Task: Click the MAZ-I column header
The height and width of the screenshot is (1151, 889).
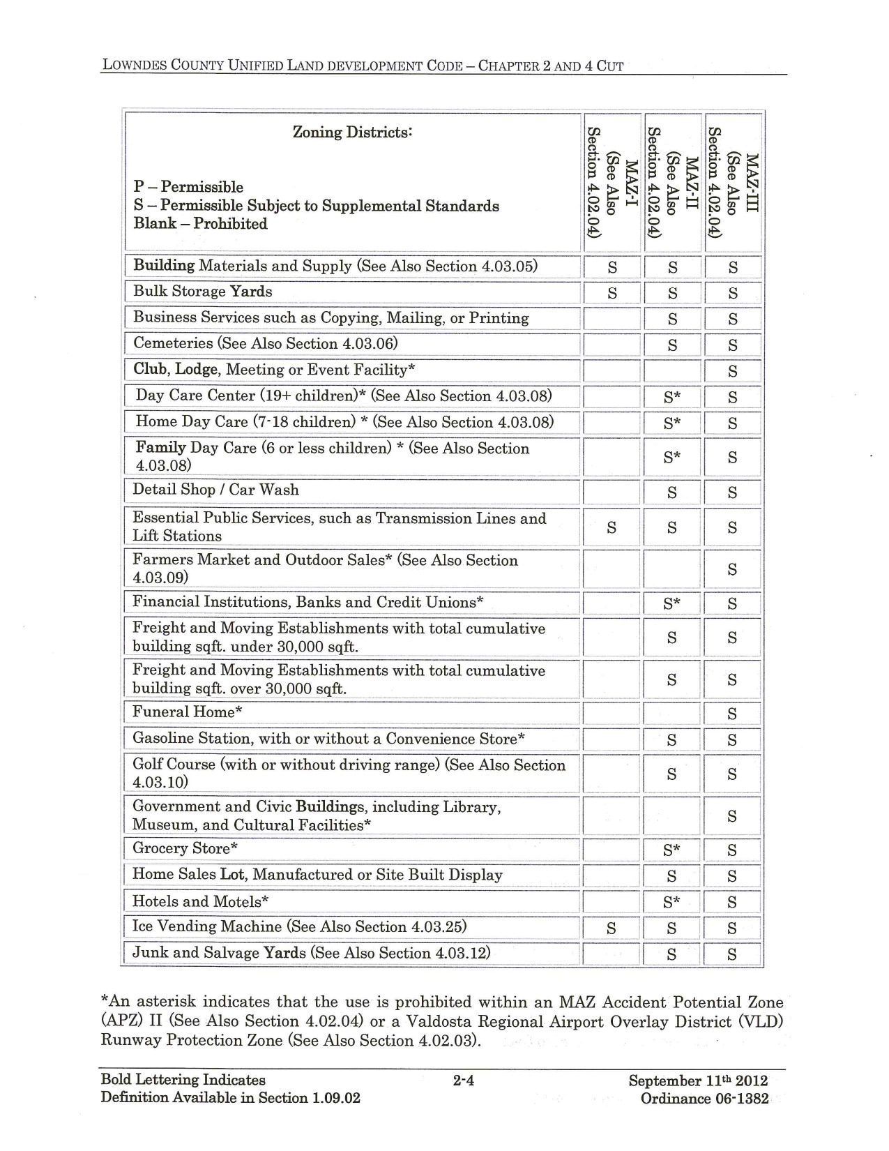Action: pos(611,183)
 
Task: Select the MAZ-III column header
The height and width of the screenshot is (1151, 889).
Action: pos(733,183)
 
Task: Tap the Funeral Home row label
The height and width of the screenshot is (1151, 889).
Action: pos(188,712)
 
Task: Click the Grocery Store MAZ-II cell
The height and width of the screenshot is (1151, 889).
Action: pos(671,850)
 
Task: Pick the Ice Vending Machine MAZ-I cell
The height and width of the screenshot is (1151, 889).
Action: pos(611,928)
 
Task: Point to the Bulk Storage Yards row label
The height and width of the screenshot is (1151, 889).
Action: pos(202,292)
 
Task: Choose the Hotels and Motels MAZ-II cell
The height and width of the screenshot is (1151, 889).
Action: pos(671,902)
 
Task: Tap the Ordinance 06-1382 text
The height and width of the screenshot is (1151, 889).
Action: pos(704,1099)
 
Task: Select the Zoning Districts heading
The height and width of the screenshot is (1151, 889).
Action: pos(352,132)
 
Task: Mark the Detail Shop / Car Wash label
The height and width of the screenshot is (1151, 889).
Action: pos(215,490)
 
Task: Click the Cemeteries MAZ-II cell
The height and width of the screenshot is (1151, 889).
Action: pos(672,345)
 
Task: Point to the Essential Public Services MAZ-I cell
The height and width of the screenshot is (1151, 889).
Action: pos(611,528)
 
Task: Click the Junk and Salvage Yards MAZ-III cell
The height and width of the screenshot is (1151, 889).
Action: pos(732,954)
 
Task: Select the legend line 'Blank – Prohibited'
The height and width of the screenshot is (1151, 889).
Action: pos(200,224)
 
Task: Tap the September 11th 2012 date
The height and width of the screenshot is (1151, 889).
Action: pos(698,1081)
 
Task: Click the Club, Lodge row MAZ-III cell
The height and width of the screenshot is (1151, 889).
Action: pos(732,371)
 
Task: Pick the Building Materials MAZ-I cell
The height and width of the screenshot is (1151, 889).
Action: pos(612,267)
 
